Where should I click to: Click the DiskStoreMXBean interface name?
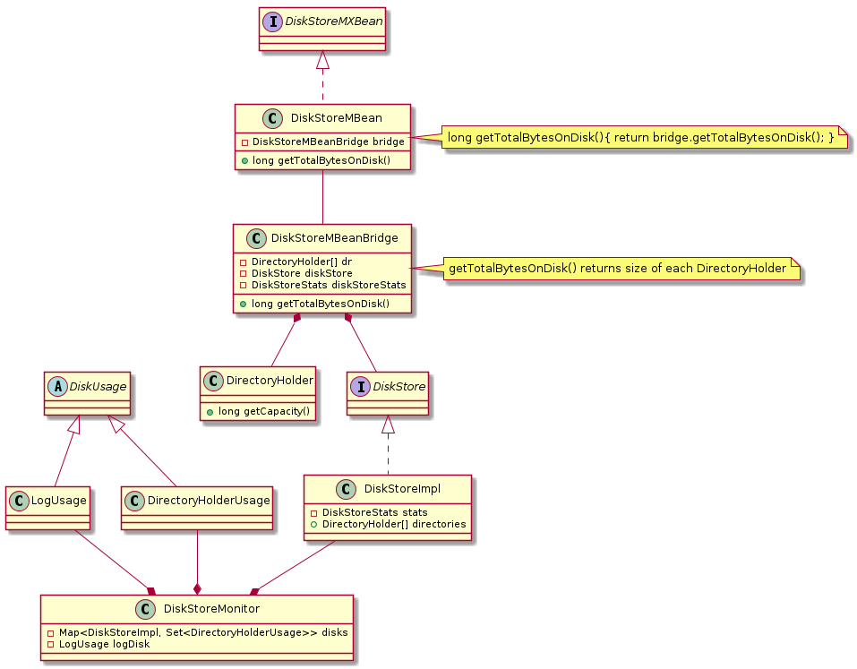333,21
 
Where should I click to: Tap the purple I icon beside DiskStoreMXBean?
273,21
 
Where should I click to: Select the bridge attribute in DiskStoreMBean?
322,142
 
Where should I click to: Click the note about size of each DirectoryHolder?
618,268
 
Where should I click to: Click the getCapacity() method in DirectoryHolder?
258,411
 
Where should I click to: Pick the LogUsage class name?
60,500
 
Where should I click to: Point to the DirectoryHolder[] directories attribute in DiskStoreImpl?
388,524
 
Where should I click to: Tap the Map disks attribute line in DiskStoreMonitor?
197,632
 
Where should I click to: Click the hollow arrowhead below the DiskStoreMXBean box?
323,61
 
